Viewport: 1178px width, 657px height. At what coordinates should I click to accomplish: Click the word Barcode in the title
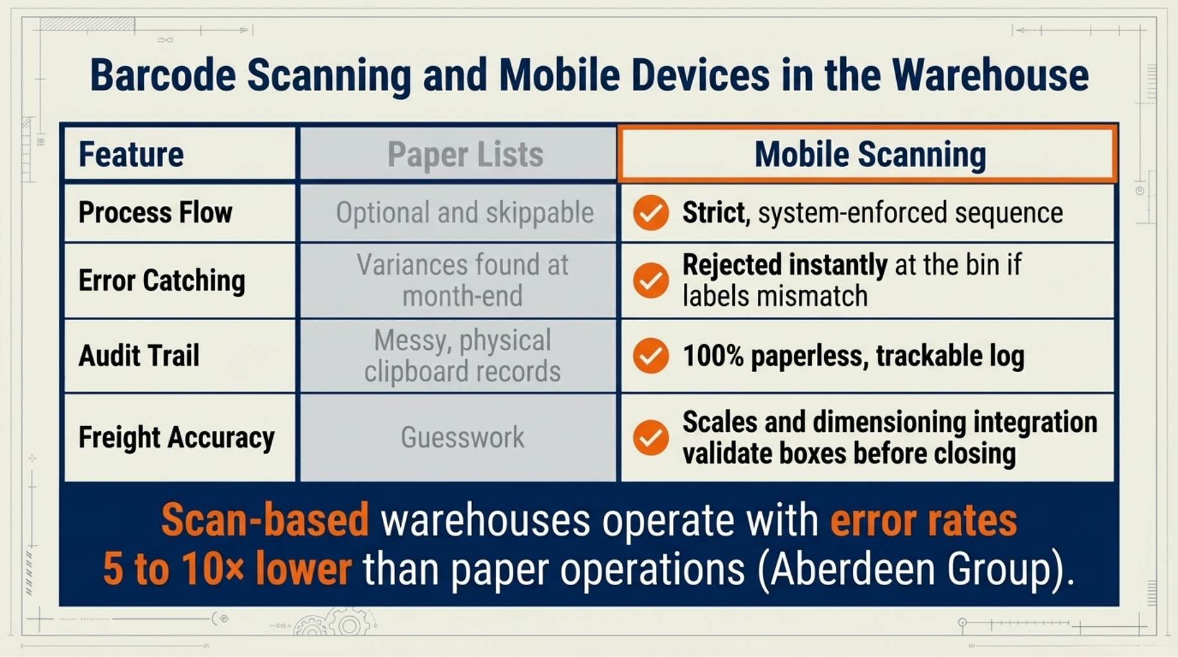pos(163,76)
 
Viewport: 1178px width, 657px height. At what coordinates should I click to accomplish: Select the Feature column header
pos(131,155)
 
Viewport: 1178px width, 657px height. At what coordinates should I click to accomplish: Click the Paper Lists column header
pos(465,155)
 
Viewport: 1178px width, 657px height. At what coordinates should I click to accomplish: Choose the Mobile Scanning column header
pos(870,155)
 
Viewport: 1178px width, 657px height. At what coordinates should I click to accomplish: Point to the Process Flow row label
pos(155,212)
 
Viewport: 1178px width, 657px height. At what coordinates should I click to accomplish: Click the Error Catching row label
pos(162,280)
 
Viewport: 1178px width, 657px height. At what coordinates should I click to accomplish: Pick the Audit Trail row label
pos(139,355)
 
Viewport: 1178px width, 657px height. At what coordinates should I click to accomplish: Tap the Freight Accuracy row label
pos(176,438)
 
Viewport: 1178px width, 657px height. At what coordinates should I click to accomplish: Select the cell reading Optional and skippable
pos(464,213)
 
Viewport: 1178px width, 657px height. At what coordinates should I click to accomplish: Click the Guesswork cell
pos(462,438)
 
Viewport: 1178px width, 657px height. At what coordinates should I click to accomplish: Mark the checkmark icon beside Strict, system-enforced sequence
pos(651,212)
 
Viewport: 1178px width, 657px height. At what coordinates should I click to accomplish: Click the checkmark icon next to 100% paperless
pos(651,355)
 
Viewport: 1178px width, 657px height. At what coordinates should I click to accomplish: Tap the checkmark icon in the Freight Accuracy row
pos(651,438)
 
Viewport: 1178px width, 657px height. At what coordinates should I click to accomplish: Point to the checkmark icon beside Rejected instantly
pos(651,280)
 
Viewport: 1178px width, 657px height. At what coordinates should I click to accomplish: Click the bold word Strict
pos(714,212)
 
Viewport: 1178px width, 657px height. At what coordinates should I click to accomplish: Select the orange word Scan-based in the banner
pos(265,520)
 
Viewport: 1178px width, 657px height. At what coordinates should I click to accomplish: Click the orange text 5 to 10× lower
pos(227,568)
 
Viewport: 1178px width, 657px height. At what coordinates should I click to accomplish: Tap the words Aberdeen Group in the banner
pos(913,568)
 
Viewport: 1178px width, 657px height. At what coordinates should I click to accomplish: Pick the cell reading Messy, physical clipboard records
pos(462,356)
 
